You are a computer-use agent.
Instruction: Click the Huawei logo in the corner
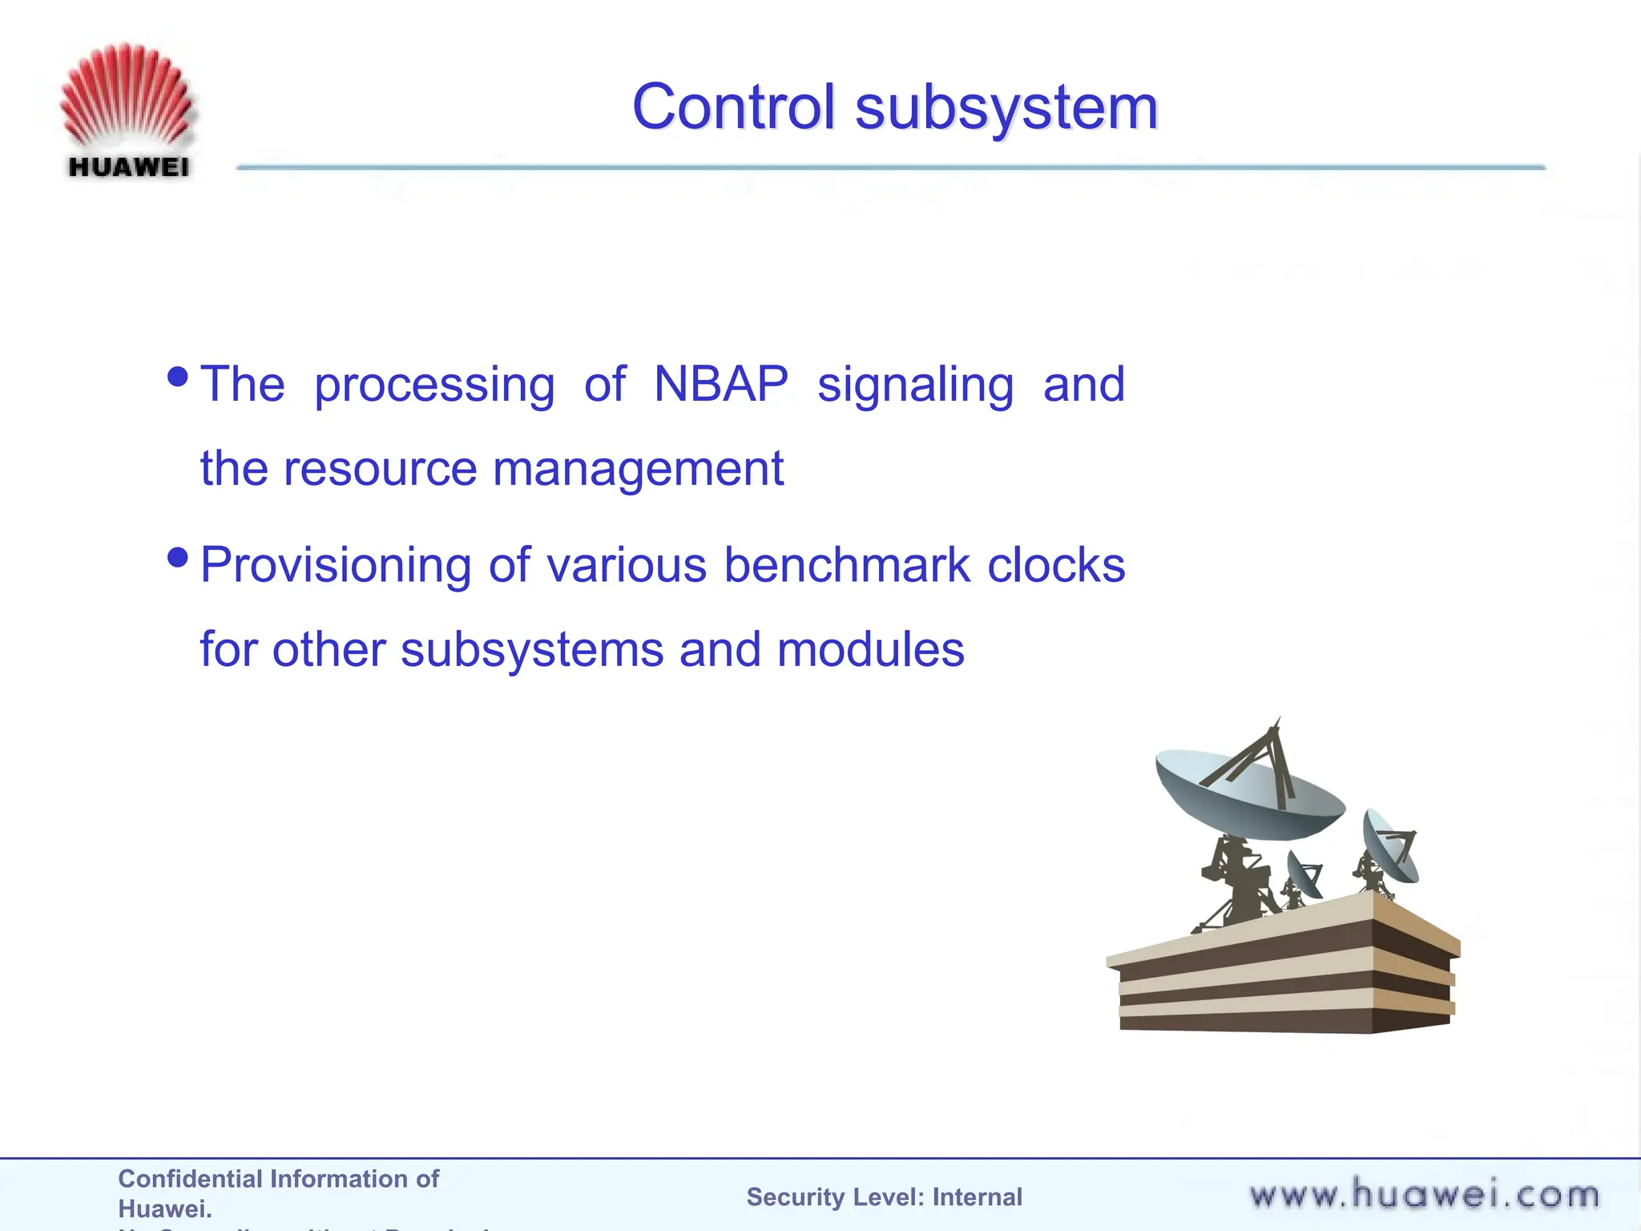127,111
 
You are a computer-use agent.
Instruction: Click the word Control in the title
733,107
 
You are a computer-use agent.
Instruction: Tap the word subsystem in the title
1006,107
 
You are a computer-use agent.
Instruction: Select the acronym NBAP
720,385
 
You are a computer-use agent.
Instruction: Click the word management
638,470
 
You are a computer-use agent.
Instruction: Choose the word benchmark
847,566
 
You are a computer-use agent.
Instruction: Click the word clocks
1055,566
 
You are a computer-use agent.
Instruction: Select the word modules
870,650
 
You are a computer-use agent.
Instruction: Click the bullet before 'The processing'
178,376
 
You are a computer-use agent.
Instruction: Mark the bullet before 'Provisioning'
178,556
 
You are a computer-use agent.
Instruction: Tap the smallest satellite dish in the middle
1304,875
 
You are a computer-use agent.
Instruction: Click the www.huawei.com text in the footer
1423,1195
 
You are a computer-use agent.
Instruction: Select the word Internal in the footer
977,1197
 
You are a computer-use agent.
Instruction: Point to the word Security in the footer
793,1197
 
